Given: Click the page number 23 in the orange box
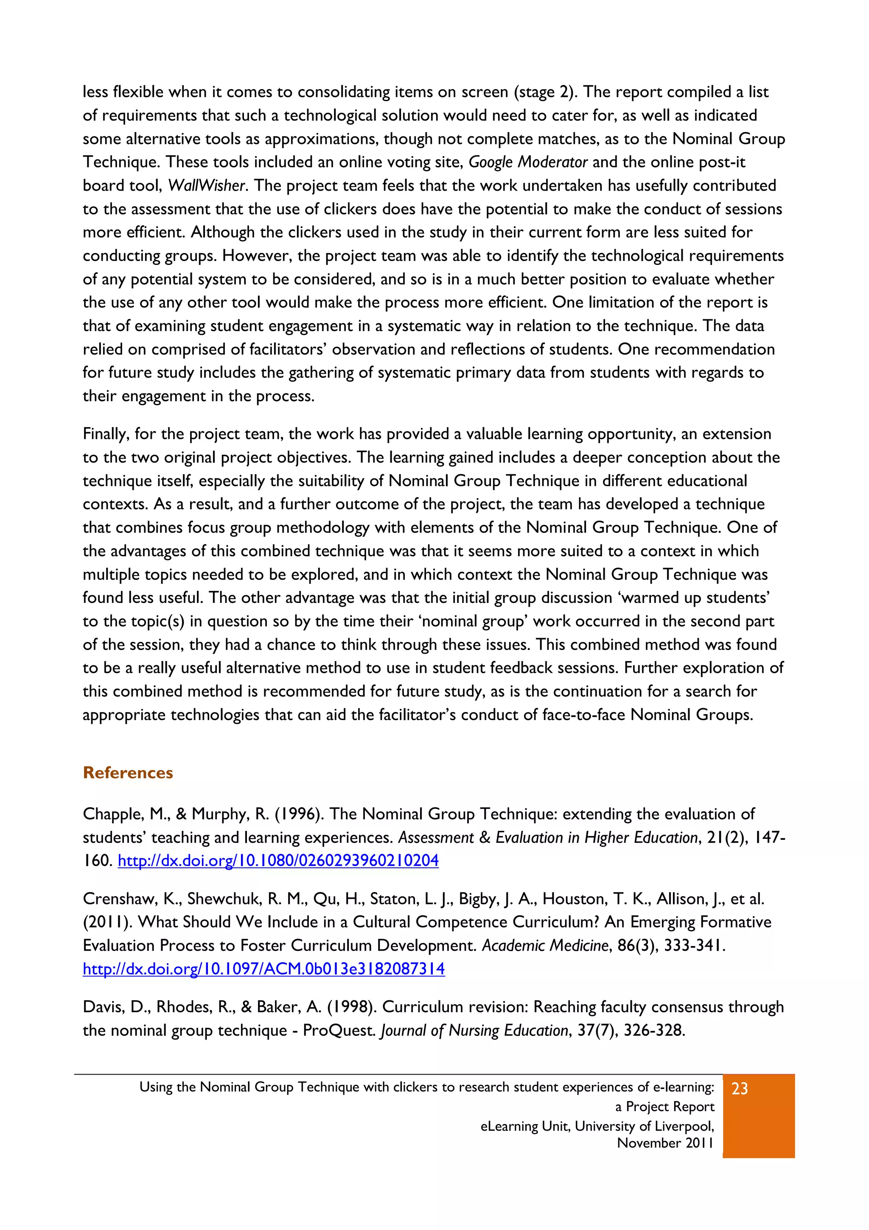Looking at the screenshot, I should tap(740, 1089).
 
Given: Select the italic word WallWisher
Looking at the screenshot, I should tap(206, 186).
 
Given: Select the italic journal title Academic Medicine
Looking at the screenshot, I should tap(545, 946).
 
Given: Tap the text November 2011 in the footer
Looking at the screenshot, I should tap(665, 1143).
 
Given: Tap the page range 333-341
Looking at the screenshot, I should tap(695, 946).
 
